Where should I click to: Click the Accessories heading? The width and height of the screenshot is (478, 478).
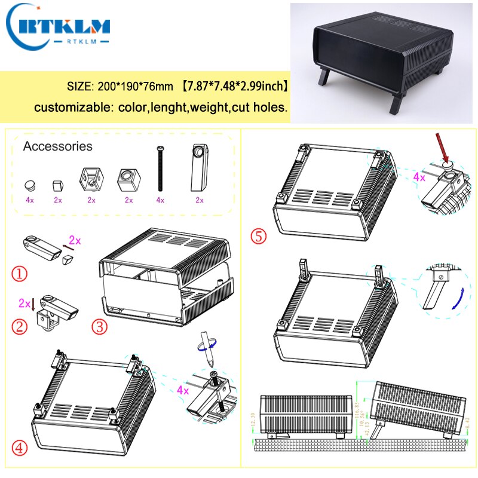[x=57, y=146]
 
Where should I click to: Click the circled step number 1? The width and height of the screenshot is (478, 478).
[x=20, y=274]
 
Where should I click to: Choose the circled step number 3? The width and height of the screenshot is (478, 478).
[x=99, y=327]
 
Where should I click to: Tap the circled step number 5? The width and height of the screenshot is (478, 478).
[x=258, y=237]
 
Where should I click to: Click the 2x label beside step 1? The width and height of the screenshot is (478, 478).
[x=75, y=240]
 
